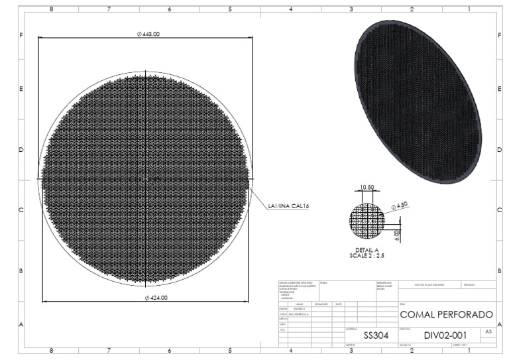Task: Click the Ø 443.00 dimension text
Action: (148, 34)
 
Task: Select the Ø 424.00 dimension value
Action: (156, 298)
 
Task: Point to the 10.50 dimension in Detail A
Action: (367, 188)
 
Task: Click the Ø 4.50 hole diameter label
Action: (400, 206)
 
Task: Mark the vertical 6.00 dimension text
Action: (397, 235)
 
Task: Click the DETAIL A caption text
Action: (367, 249)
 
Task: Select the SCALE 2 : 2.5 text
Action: (367, 255)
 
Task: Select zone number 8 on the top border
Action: (52, 9)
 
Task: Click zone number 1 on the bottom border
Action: (468, 352)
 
